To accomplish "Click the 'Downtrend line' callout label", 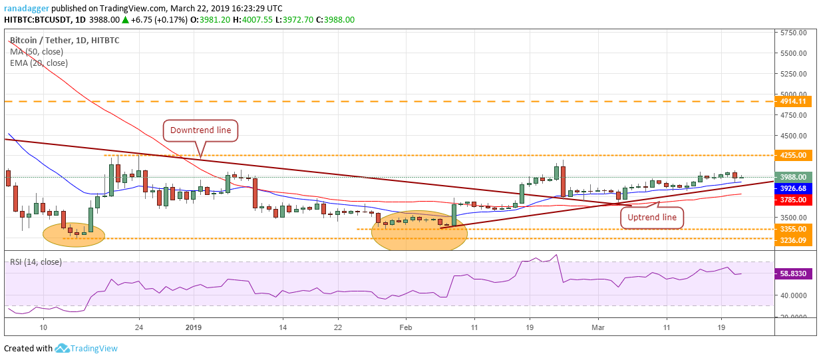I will pos(200,130).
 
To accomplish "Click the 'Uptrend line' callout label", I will pos(652,217).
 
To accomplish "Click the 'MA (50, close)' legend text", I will pos(37,52).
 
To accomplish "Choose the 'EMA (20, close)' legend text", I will pos(39,63).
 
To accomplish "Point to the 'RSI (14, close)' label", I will pos(36,262).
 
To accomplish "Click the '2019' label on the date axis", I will pos(193,327).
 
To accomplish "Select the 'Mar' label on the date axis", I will pos(597,327).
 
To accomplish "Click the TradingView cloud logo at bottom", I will pos(63,348).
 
